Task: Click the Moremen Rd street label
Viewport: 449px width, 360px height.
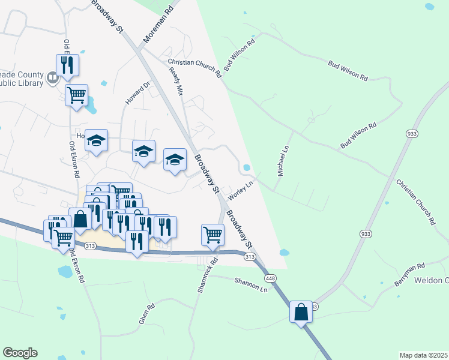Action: click(x=158, y=26)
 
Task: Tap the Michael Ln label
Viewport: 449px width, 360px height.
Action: click(x=283, y=159)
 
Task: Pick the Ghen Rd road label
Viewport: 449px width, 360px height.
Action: click(x=147, y=314)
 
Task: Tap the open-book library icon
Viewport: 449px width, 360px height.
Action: click(x=52, y=77)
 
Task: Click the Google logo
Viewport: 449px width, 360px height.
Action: click(x=20, y=353)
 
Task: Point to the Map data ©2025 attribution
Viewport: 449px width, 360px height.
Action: click(x=423, y=355)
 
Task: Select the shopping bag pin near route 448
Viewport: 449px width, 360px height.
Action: click(x=301, y=313)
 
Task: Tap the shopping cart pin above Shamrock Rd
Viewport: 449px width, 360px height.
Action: click(x=212, y=235)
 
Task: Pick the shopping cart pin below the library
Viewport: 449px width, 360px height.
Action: click(x=77, y=95)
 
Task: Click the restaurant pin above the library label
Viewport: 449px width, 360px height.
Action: click(x=67, y=64)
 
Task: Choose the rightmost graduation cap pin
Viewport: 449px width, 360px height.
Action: click(x=175, y=160)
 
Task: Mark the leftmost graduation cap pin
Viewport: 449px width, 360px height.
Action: click(x=95, y=141)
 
